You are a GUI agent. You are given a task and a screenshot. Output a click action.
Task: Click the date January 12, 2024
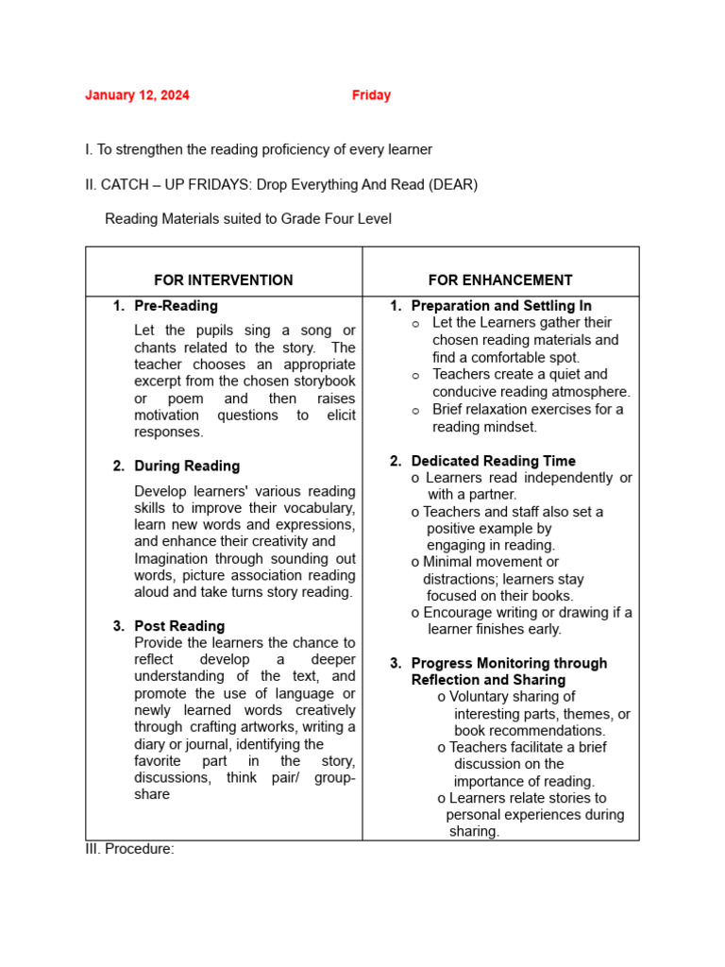tap(137, 95)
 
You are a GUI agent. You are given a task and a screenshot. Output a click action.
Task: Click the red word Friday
tap(371, 95)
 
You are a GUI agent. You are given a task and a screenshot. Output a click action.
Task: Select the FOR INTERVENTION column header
tap(224, 280)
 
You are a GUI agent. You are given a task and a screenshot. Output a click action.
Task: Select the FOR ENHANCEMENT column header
tap(500, 280)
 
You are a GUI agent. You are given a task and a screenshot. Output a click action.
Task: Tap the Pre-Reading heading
tap(176, 306)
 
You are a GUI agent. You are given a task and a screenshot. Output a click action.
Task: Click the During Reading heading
tap(187, 467)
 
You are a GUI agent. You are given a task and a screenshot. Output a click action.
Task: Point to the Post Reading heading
tap(179, 626)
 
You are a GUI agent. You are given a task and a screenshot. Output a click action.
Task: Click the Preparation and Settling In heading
tap(501, 306)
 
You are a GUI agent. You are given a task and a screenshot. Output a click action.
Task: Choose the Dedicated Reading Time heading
tap(493, 462)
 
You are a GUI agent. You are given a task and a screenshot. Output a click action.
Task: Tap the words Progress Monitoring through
tap(509, 664)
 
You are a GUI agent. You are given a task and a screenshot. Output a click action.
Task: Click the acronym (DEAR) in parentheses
tap(453, 185)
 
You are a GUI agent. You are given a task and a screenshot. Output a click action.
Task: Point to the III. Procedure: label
tap(129, 849)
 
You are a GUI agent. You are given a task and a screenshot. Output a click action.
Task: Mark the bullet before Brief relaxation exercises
tap(415, 411)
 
